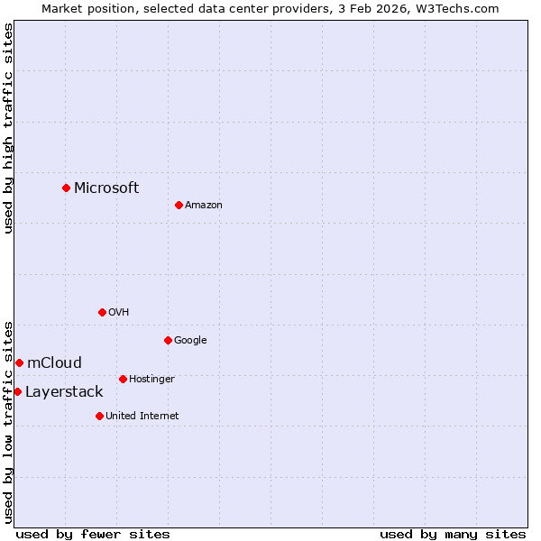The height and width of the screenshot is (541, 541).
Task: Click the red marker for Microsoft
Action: pos(66,188)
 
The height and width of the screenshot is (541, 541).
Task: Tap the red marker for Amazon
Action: pos(179,205)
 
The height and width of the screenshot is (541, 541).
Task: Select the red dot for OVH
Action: pos(102,312)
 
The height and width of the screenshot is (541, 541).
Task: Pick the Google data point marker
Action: pos(168,340)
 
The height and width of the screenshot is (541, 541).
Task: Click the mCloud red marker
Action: pos(19,362)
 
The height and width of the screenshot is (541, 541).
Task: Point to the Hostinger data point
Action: pos(123,379)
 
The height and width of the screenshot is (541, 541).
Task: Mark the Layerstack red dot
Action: pos(17,391)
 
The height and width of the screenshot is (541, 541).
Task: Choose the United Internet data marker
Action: pos(99,416)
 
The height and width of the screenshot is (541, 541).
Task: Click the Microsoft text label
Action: pos(106,188)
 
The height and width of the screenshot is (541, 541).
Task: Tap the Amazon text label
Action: pos(204,206)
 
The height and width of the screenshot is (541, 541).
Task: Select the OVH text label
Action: pos(119,313)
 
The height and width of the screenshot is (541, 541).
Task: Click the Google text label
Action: pos(190,341)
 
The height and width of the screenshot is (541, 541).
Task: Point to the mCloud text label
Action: pos(54,362)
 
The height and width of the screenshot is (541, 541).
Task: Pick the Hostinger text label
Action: pos(151,380)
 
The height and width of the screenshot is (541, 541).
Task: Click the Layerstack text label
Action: pos(64,391)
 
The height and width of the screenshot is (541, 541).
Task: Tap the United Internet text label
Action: pos(142,417)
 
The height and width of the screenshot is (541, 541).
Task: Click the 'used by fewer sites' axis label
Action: pos(93,534)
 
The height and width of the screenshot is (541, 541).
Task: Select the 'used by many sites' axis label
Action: pos(453,534)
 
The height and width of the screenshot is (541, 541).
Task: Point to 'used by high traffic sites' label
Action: pos(8,128)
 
